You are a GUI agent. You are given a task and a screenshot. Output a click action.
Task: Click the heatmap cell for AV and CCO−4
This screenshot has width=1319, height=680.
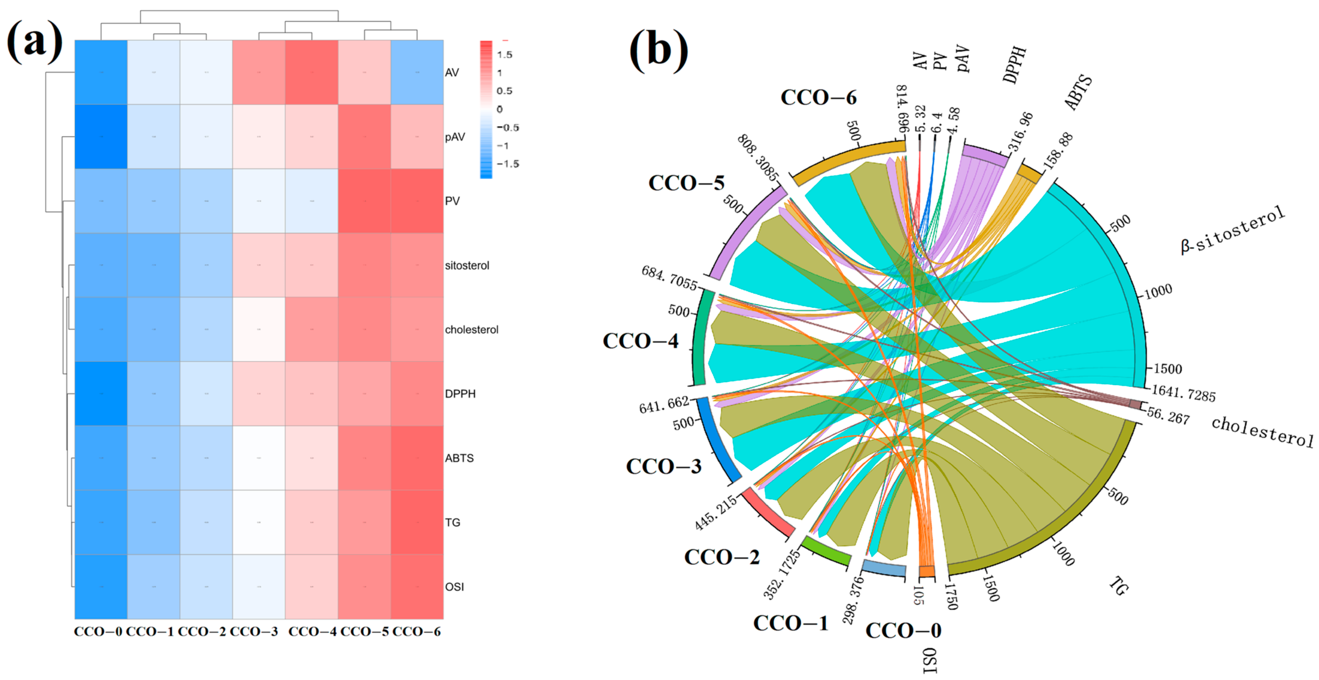click(x=311, y=72)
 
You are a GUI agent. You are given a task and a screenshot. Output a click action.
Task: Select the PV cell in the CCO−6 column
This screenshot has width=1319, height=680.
click(x=417, y=201)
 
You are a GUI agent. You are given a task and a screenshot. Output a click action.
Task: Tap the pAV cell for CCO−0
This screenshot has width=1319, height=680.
click(x=101, y=137)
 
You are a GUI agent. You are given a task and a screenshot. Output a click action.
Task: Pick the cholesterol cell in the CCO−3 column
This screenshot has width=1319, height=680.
click(x=258, y=329)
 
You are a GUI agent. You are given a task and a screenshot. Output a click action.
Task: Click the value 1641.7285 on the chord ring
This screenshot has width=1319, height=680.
click(x=1183, y=393)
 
